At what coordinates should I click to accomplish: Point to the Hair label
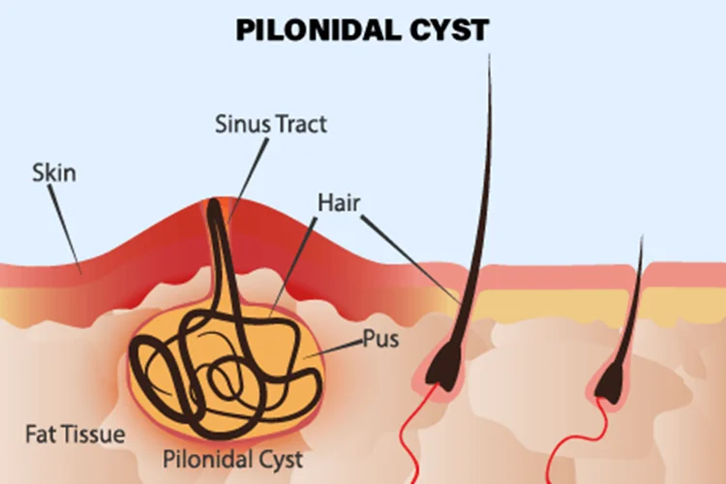point(339,202)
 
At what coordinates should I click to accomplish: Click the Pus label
point(380,340)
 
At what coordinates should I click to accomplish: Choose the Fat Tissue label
point(76,434)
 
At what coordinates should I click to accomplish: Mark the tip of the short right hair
point(641,238)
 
